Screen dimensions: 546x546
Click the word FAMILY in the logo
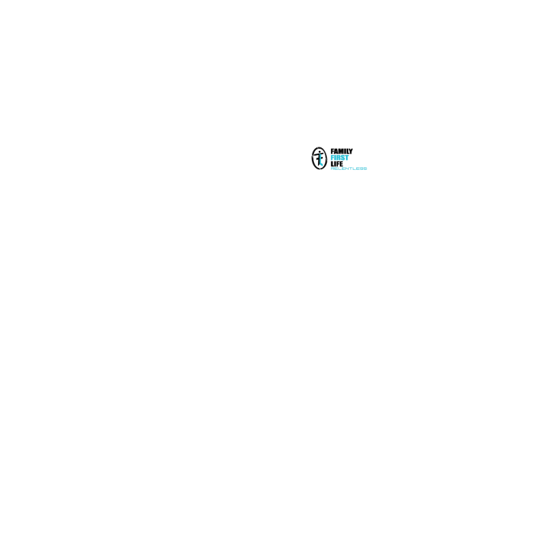click(x=342, y=151)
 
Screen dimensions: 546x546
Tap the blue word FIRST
click(x=339, y=158)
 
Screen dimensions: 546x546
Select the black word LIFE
click(x=336, y=164)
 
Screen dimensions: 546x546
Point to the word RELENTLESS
click(x=349, y=169)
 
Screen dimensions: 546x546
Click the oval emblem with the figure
click(x=313, y=158)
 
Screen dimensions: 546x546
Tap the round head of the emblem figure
click(x=319, y=152)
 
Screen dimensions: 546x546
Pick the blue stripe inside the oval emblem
click(x=320, y=161)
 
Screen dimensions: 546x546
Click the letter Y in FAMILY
click(x=350, y=151)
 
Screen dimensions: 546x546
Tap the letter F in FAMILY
click(x=332, y=151)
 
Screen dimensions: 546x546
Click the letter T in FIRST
click(x=347, y=158)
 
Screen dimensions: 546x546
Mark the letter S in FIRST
click(x=343, y=158)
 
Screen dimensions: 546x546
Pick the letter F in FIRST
click(x=332, y=158)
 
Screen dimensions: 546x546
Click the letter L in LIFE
click(x=332, y=164)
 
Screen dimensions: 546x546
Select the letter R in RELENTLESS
click(x=332, y=169)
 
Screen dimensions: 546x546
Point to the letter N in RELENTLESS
click(x=345, y=169)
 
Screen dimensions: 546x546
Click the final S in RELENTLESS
click(x=365, y=169)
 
